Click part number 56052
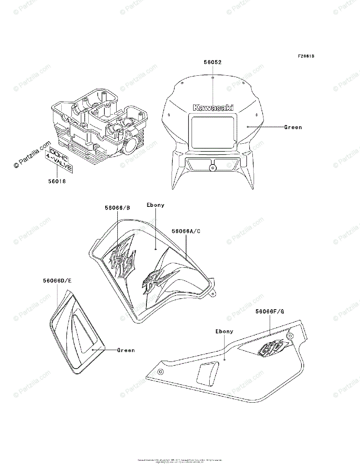coord(213,62)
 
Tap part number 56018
coord(57,181)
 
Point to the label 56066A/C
coord(186,231)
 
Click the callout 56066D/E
coord(57,281)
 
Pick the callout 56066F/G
coord(269,312)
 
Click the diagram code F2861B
coord(306,56)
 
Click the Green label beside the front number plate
coord(293,127)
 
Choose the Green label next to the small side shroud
coord(126,350)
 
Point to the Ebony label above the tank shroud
coord(155,205)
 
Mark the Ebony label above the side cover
coord(224,331)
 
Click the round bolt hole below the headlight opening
coord(212,168)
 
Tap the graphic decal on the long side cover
coord(273,347)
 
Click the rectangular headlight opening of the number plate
coord(212,131)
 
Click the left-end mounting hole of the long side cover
coord(160,372)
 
